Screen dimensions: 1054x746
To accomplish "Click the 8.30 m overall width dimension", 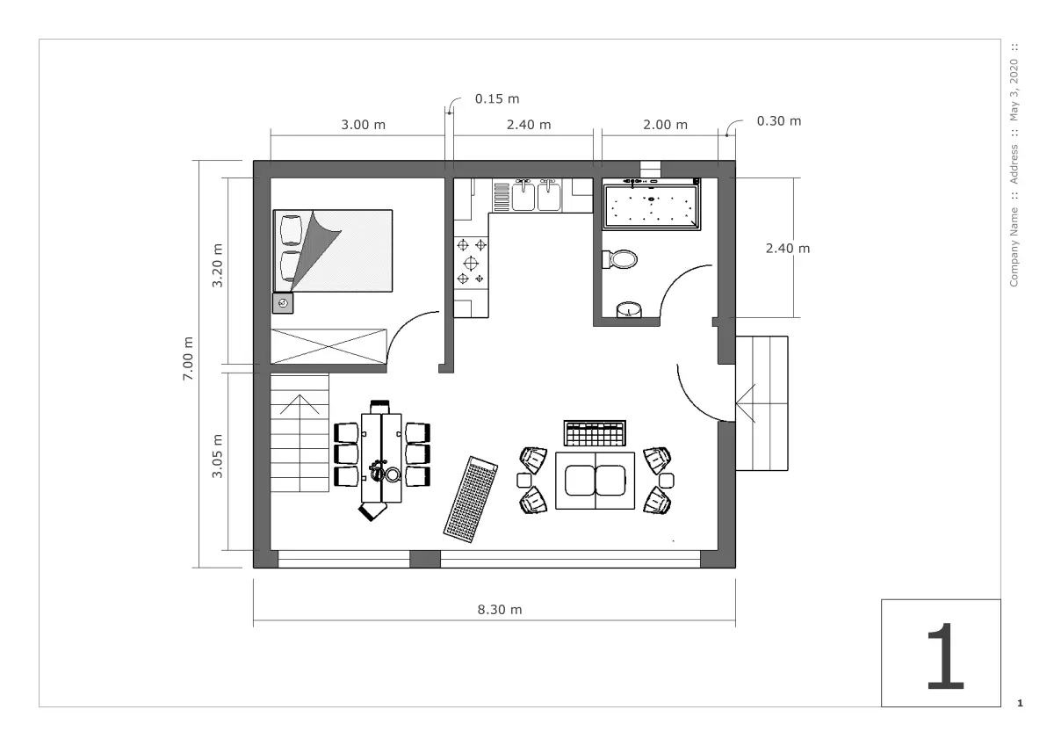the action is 500,610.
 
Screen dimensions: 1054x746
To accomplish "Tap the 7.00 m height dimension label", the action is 188,359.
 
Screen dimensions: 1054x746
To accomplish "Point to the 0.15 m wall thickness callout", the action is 497,98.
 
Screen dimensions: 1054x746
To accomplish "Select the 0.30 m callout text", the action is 779,121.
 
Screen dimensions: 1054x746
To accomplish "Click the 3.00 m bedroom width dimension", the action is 364,125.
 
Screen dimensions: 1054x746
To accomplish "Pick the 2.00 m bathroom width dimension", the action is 666,125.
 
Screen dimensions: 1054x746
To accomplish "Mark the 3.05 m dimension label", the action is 217,456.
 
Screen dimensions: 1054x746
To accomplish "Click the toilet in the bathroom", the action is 620,259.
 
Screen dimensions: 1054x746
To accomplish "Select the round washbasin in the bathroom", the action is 629,310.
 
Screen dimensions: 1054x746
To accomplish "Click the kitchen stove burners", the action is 471,262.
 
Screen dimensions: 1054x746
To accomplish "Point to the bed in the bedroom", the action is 333,250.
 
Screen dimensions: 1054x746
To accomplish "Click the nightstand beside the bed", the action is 283,303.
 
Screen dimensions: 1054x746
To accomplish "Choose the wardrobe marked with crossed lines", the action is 328,347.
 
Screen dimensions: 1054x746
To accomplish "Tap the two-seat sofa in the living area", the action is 596,481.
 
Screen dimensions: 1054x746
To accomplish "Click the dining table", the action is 381,458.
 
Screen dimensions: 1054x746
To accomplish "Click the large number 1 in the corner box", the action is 945,656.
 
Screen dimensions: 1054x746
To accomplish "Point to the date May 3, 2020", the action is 1014,90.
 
